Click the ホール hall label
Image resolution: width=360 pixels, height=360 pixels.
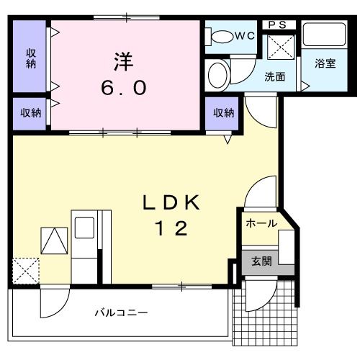point(261,223)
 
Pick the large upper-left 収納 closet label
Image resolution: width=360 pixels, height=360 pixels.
point(32,57)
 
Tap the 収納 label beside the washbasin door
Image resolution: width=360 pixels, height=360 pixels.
point(223,112)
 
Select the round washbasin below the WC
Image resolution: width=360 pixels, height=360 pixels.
point(217,74)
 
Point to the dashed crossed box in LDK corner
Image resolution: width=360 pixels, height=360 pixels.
point(26,271)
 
